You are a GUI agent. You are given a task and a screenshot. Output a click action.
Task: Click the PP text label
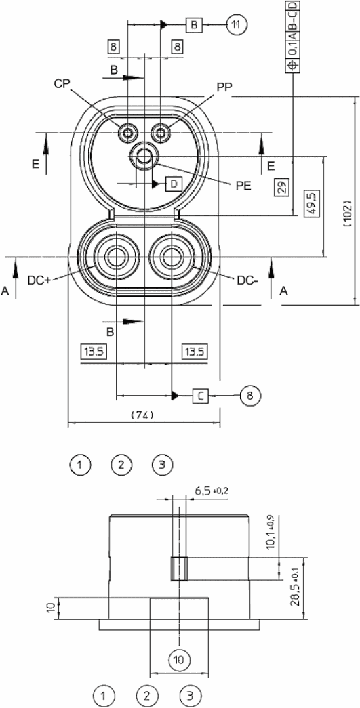click(x=224, y=87)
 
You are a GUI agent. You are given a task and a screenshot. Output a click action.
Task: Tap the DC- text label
click(x=247, y=280)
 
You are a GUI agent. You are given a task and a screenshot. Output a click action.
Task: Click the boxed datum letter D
click(x=174, y=184)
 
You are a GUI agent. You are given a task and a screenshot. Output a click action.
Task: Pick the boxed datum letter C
click(x=201, y=396)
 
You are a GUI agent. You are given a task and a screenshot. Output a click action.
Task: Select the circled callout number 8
click(x=249, y=396)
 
